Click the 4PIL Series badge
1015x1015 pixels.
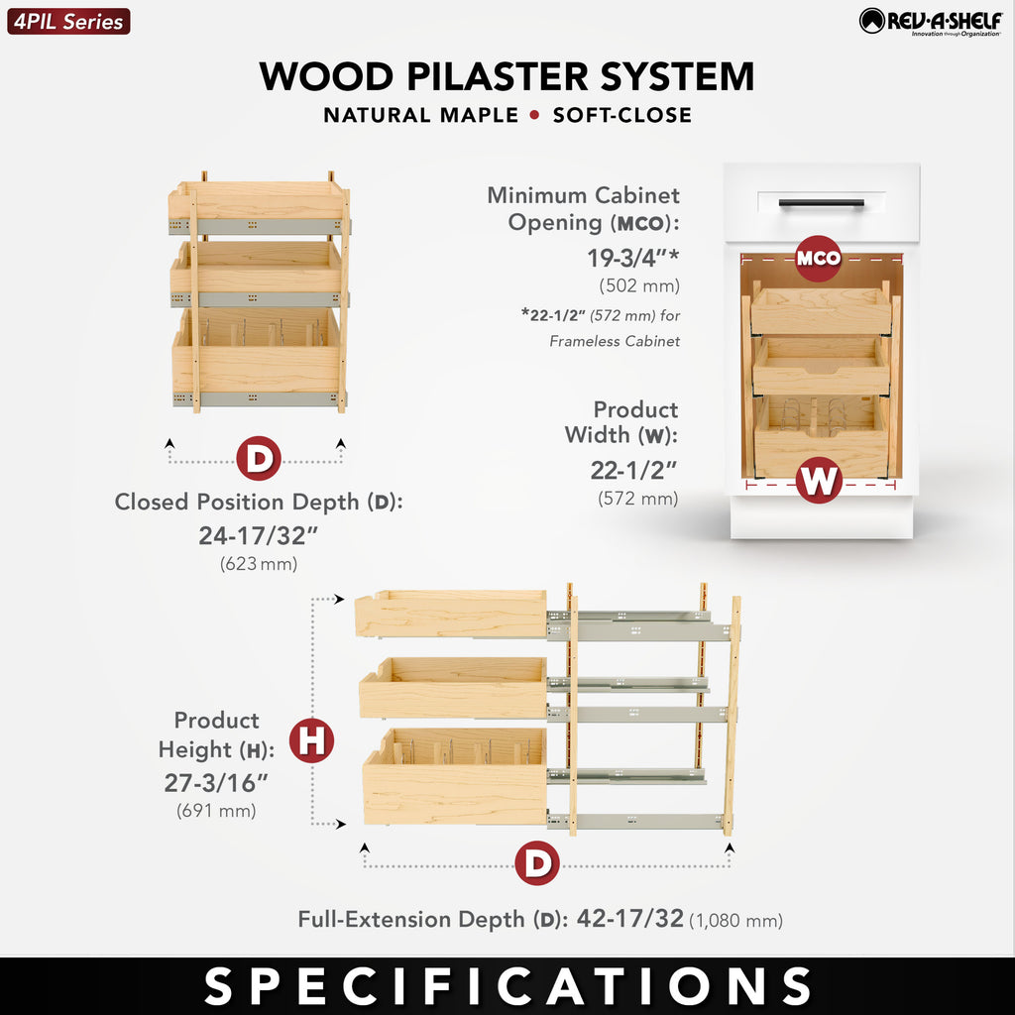pos(68,22)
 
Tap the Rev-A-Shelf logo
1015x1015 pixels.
pos(931,22)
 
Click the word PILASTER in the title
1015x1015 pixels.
pos(498,77)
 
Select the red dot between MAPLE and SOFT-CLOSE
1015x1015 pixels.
pos(534,115)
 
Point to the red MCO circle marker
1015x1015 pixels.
pos(818,259)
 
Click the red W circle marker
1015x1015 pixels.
pos(819,480)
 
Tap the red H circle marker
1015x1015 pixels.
pos(311,739)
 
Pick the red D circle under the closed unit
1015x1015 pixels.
pos(259,458)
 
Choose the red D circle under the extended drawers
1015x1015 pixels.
pos(537,863)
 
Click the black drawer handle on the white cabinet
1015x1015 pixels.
pos(822,203)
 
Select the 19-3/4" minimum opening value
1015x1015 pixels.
pos(633,258)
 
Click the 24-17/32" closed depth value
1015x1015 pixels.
pos(259,535)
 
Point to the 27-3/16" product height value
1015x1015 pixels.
pos(215,783)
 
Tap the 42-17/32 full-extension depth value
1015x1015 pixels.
pos(629,918)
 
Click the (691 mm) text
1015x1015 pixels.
pos(216,811)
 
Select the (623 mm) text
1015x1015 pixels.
pos(259,563)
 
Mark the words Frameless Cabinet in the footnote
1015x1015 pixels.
pos(615,341)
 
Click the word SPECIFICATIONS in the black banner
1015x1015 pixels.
pos(507,986)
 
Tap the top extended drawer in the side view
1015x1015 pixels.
pos(451,613)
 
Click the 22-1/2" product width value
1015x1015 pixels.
pos(633,471)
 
